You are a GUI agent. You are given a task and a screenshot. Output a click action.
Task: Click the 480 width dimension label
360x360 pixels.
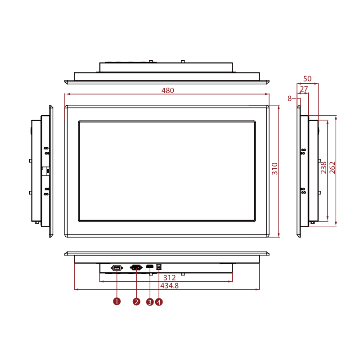[x=167, y=90]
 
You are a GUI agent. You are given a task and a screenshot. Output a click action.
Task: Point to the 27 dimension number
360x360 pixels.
[x=304, y=90]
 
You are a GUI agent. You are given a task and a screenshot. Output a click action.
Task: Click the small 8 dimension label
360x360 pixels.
[x=290, y=98]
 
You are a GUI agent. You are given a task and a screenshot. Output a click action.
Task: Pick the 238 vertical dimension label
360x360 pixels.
[x=324, y=167]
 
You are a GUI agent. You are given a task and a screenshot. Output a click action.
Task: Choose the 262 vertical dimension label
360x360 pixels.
[x=333, y=167]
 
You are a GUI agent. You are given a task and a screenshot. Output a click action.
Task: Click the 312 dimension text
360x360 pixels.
[x=169, y=278]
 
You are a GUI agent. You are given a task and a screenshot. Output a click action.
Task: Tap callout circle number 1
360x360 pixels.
[x=117, y=301]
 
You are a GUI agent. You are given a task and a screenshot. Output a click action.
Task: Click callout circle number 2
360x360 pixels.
[x=136, y=301]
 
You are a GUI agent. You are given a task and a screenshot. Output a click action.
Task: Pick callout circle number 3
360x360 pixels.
[x=150, y=302]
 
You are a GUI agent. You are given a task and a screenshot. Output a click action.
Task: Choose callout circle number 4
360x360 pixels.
[x=159, y=302]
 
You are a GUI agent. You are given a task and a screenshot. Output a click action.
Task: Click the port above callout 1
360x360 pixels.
[x=117, y=268]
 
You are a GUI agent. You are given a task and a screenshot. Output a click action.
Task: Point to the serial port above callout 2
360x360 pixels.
[x=136, y=268]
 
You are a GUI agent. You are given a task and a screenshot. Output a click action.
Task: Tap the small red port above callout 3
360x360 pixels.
[x=148, y=267]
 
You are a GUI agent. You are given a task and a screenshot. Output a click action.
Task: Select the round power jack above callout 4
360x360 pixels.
[x=159, y=268]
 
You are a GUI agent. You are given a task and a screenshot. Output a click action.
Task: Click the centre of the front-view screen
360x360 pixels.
[x=167, y=171]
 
